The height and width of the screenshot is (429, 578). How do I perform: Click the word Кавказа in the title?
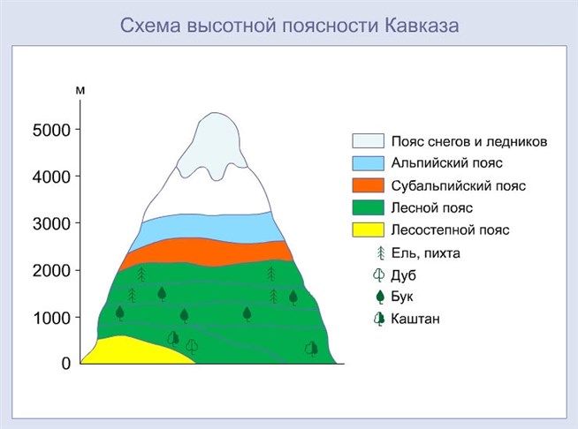pyautogui.click(x=422, y=26)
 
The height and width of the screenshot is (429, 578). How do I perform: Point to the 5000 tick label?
pyautogui.click(x=51, y=131)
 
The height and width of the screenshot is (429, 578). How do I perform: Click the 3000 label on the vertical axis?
pyautogui.click(x=51, y=224)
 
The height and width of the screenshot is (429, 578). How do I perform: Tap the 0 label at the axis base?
pyautogui.click(x=65, y=364)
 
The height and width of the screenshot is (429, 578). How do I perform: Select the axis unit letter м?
pyautogui.click(x=80, y=90)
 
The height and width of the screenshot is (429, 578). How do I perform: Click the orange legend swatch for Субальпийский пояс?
pyautogui.click(x=368, y=185)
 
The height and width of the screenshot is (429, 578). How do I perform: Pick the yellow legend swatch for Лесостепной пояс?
pyautogui.click(x=368, y=230)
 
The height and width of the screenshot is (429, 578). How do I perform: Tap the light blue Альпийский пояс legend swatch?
pyautogui.click(x=368, y=163)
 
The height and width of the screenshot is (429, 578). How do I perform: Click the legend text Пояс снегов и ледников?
pyautogui.click(x=469, y=142)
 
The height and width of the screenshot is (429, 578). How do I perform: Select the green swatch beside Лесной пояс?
pyautogui.click(x=368, y=207)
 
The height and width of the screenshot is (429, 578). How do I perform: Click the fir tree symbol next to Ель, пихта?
pyautogui.click(x=381, y=253)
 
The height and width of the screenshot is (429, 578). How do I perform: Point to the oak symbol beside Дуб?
pyautogui.click(x=378, y=275)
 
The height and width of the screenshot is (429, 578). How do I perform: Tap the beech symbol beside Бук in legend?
pyautogui.click(x=380, y=297)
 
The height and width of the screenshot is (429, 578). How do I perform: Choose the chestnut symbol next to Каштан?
pyautogui.click(x=379, y=319)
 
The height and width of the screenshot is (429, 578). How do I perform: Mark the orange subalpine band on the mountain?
pyautogui.click(x=207, y=252)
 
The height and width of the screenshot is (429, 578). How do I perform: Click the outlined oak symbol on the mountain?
pyautogui.click(x=192, y=347)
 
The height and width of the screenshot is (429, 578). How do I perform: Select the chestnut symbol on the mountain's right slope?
pyautogui.click(x=311, y=349)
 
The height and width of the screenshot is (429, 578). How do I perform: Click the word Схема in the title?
pyautogui.click(x=150, y=26)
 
